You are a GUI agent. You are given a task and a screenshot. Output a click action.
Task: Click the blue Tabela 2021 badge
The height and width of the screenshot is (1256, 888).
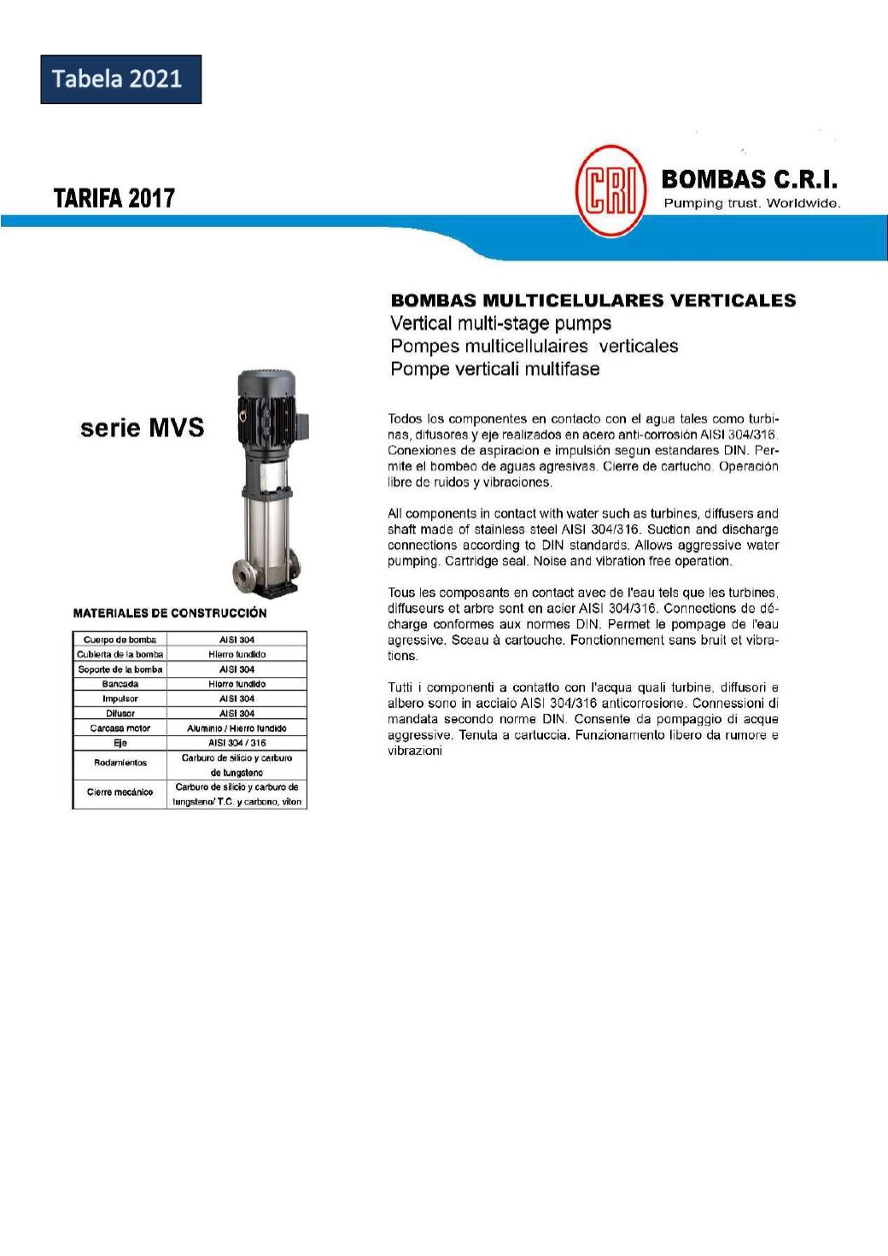coord(120,79)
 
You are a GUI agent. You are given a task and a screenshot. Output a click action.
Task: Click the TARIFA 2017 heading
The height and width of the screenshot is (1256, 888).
coord(114,198)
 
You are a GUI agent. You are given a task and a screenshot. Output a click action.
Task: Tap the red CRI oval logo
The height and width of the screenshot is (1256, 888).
coord(610,190)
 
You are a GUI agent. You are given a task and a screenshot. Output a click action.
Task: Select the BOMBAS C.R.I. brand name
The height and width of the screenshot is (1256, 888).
coord(749,179)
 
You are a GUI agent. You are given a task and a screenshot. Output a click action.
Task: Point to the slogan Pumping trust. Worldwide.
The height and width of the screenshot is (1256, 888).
coord(752,203)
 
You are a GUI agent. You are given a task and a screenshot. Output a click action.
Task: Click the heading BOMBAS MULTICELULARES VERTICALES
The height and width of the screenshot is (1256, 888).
coord(593,301)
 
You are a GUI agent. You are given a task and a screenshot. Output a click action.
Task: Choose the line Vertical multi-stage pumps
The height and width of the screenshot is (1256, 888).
coord(500,324)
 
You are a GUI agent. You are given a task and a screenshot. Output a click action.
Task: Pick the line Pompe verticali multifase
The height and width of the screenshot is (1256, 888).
coord(494,369)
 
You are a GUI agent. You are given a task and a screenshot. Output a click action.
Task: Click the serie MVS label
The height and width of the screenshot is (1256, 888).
coord(142,428)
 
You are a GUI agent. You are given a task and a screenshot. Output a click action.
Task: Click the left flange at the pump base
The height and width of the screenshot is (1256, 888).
coord(242,577)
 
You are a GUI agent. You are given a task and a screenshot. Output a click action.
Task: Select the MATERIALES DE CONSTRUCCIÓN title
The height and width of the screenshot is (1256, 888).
coord(170,613)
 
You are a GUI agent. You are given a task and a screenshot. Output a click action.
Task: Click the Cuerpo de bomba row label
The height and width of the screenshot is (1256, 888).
coord(120,640)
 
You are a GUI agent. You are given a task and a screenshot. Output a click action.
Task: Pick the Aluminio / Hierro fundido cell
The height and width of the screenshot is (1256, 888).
coord(237,728)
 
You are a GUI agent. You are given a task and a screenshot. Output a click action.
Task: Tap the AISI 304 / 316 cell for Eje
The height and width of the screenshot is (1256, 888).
coord(237,743)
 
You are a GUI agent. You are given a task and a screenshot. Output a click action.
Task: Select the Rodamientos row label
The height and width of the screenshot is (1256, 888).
coord(120,762)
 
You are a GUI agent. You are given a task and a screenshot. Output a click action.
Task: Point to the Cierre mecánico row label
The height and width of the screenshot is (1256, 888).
coord(120,792)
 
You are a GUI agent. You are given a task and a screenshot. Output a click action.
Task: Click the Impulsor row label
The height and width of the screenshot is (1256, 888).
coord(120,698)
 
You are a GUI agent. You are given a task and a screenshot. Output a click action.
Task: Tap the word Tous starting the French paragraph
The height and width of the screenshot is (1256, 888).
coord(402,593)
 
